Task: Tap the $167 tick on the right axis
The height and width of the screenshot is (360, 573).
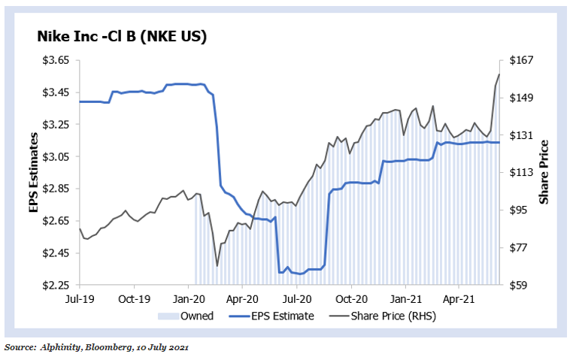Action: point(522,60)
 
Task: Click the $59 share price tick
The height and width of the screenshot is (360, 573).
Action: point(518,286)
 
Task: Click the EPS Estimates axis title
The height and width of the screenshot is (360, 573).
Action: point(34,172)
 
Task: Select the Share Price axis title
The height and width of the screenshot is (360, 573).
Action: point(544,172)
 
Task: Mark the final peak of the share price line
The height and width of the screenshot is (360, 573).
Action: point(499,74)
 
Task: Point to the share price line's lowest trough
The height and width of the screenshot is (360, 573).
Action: point(217,265)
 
